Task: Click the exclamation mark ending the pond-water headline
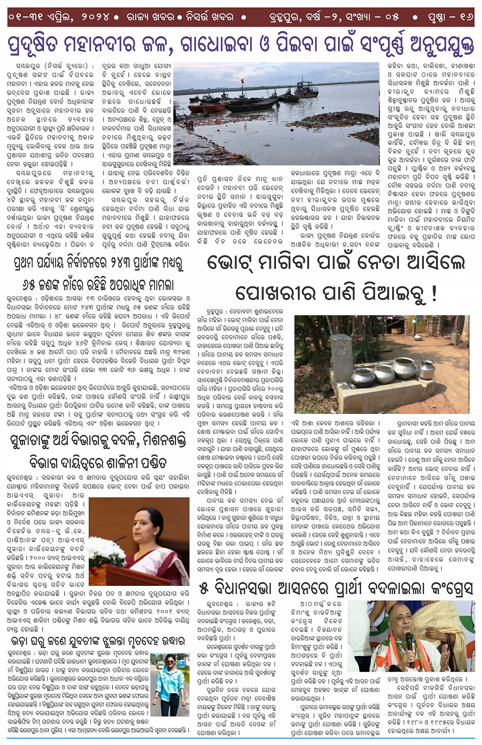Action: pyautogui.click(x=434, y=294)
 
